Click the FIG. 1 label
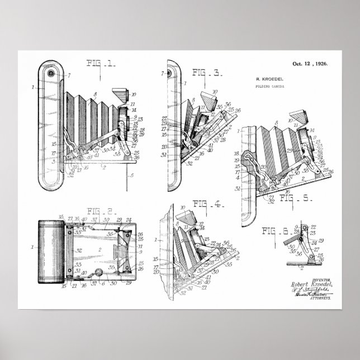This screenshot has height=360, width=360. coord(101,64)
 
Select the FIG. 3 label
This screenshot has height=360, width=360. coord(206,72)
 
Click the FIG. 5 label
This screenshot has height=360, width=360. coord(295,198)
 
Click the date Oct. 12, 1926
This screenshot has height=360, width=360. coord(309,64)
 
